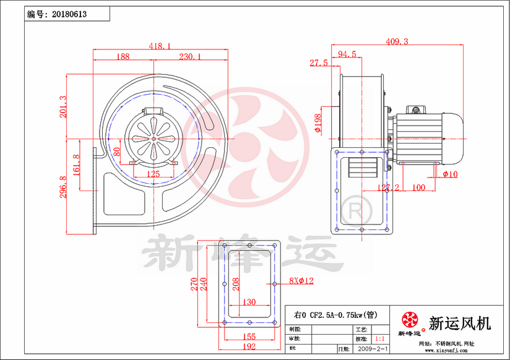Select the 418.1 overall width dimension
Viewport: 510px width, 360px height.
pyautogui.click(x=160, y=46)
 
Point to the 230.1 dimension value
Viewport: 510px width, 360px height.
pyautogui.click(x=190, y=57)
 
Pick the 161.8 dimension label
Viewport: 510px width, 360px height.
pyautogui.click(x=76, y=166)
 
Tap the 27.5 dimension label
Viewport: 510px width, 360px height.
pyautogui.click(x=319, y=63)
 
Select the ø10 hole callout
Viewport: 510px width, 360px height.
pyautogui.click(x=450, y=174)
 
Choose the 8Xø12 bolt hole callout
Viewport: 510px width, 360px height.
pyautogui.click(x=301, y=281)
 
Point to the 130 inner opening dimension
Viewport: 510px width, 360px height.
pyautogui.click(x=248, y=302)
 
